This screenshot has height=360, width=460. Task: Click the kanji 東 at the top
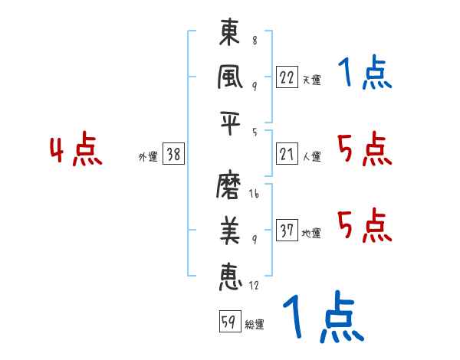click(x=229, y=34)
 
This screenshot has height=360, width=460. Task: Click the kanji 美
click(x=229, y=229)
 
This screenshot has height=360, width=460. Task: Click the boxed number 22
click(x=287, y=77)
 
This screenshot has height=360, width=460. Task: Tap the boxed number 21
click(x=287, y=155)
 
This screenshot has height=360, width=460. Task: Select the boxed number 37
click(x=287, y=231)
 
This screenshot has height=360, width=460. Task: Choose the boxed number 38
click(x=173, y=155)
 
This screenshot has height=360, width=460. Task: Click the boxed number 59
click(x=228, y=322)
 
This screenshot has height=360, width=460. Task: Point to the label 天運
click(x=311, y=80)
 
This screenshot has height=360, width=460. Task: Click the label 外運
click(x=147, y=157)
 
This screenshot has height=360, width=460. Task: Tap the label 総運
click(x=255, y=324)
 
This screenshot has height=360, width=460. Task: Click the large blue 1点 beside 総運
click(x=322, y=318)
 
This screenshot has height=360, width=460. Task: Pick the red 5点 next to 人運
click(x=364, y=149)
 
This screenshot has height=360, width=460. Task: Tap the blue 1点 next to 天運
click(x=364, y=74)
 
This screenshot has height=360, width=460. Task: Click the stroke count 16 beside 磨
click(x=254, y=195)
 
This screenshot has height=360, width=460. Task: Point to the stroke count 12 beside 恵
click(x=254, y=286)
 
